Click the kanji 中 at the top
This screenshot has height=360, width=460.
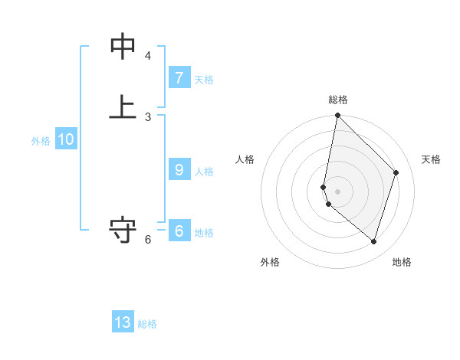pyautogui.click(x=123, y=47)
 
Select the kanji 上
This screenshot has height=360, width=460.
pyautogui.click(x=123, y=106)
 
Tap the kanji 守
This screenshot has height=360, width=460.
pyautogui.click(x=123, y=230)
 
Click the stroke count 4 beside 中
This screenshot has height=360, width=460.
pyautogui.click(x=148, y=56)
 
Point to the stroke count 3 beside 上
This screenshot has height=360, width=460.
pyautogui.click(x=148, y=116)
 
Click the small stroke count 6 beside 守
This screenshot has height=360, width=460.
pyautogui.click(x=148, y=240)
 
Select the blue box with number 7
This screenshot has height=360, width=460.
pyautogui.click(x=179, y=78)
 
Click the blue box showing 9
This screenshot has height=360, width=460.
pyautogui.click(x=179, y=170)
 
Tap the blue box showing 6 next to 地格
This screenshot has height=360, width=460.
pyautogui.click(x=179, y=231)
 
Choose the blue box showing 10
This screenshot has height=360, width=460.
pyautogui.click(x=66, y=139)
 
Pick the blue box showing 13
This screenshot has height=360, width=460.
pyautogui.click(x=123, y=322)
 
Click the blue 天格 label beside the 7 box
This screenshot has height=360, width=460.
pyautogui.click(x=204, y=79)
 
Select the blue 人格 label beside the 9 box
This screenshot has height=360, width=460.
pyautogui.click(x=204, y=171)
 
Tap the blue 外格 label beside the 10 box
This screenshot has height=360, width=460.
pyautogui.click(x=41, y=140)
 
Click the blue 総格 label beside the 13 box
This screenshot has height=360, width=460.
pyautogui.click(x=147, y=323)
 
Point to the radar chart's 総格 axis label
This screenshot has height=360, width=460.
pyautogui.click(x=338, y=100)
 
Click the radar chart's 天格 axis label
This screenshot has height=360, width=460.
pyautogui.click(x=432, y=159)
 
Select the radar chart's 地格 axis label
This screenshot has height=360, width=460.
pyautogui.click(x=402, y=262)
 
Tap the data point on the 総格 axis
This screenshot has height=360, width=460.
pyautogui.click(x=337, y=116)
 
